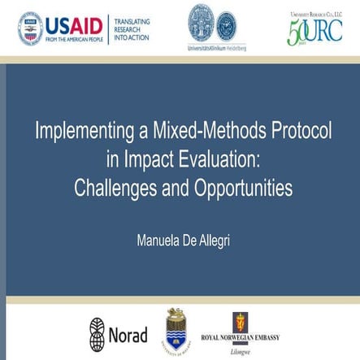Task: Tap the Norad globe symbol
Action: [x=98, y=333]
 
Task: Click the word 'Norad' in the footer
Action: [x=128, y=334]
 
